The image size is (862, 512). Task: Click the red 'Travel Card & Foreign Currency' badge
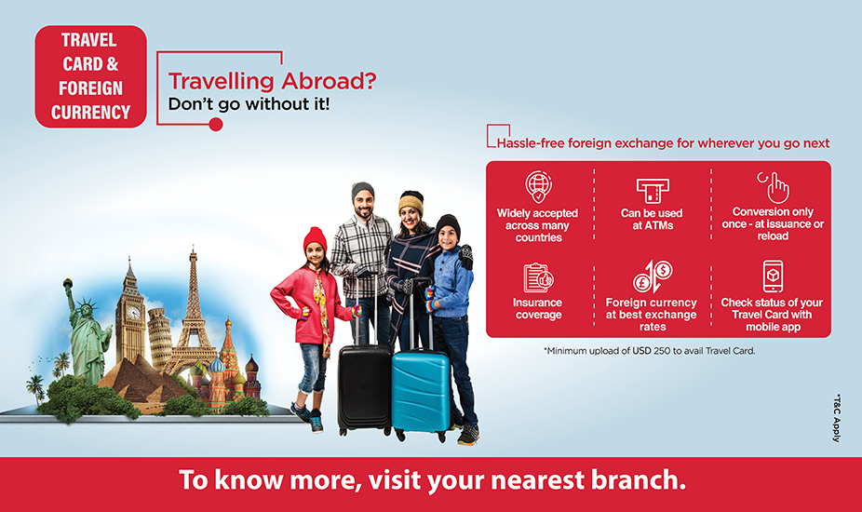pyautogui.click(x=90, y=76)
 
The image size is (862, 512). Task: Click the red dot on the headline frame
pyautogui.click(x=216, y=125)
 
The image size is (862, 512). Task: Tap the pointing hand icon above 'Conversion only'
pyautogui.click(x=774, y=187)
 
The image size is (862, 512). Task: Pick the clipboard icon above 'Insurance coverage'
pyautogui.click(x=538, y=277)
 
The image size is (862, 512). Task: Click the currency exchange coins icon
pyautogui.click(x=653, y=276)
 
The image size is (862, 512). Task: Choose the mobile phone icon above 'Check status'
pyautogui.click(x=773, y=276)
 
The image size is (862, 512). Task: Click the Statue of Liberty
pyautogui.click(x=86, y=335)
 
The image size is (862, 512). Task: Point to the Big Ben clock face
pyautogui.click(x=133, y=313)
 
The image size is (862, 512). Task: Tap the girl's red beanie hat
pyautogui.click(x=315, y=239)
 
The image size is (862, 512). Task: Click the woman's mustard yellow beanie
pyautogui.click(x=411, y=202)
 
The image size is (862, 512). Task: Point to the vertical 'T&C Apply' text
pyautogui.click(x=837, y=418)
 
